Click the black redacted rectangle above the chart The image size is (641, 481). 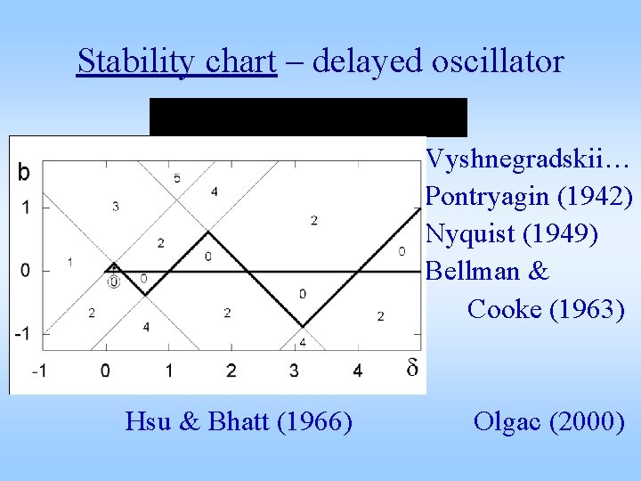308,117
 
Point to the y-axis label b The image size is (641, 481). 23,172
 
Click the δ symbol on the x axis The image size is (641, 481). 412,368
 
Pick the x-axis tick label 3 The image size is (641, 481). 295,370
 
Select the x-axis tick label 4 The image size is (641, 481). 358,370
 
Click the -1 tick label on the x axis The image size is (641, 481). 39,370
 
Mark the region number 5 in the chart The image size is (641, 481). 177,178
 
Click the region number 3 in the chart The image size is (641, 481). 116,207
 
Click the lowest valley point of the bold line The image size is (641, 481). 303,326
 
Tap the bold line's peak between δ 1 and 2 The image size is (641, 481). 207,232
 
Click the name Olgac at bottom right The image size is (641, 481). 509,420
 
